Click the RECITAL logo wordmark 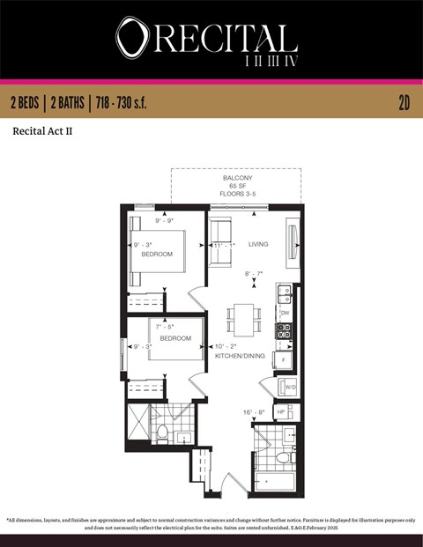tap(208, 40)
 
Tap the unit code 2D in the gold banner tap(404, 103)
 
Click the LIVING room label tap(258, 244)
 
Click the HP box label tap(282, 412)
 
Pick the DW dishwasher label tap(285, 313)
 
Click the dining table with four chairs tap(244, 317)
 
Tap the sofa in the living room tap(220, 242)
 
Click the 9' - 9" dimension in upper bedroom tap(165, 220)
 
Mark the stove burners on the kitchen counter tap(284, 331)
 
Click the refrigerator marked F tap(283, 359)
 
